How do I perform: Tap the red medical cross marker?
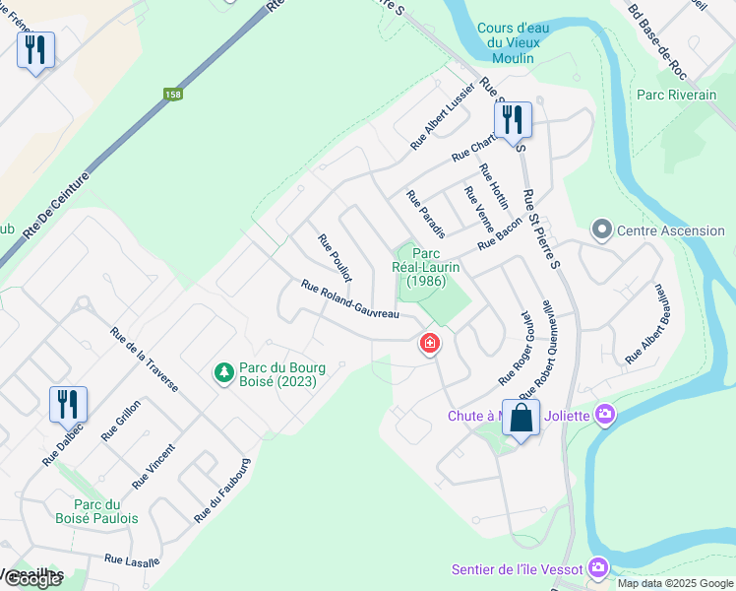click(430, 343)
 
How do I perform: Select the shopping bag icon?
click(521, 418)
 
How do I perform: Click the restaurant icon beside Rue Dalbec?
click(68, 404)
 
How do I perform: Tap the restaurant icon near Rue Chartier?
click(513, 120)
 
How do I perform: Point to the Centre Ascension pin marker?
click(601, 230)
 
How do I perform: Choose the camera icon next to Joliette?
click(605, 416)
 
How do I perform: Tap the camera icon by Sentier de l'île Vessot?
click(597, 568)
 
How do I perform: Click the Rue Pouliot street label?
click(335, 258)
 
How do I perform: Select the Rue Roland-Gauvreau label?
click(350, 299)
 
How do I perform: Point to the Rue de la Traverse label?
click(144, 361)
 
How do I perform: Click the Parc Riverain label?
click(677, 96)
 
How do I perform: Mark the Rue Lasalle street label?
click(132, 560)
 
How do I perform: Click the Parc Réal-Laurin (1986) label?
click(428, 267)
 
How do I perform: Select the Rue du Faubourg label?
click(223, 490)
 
